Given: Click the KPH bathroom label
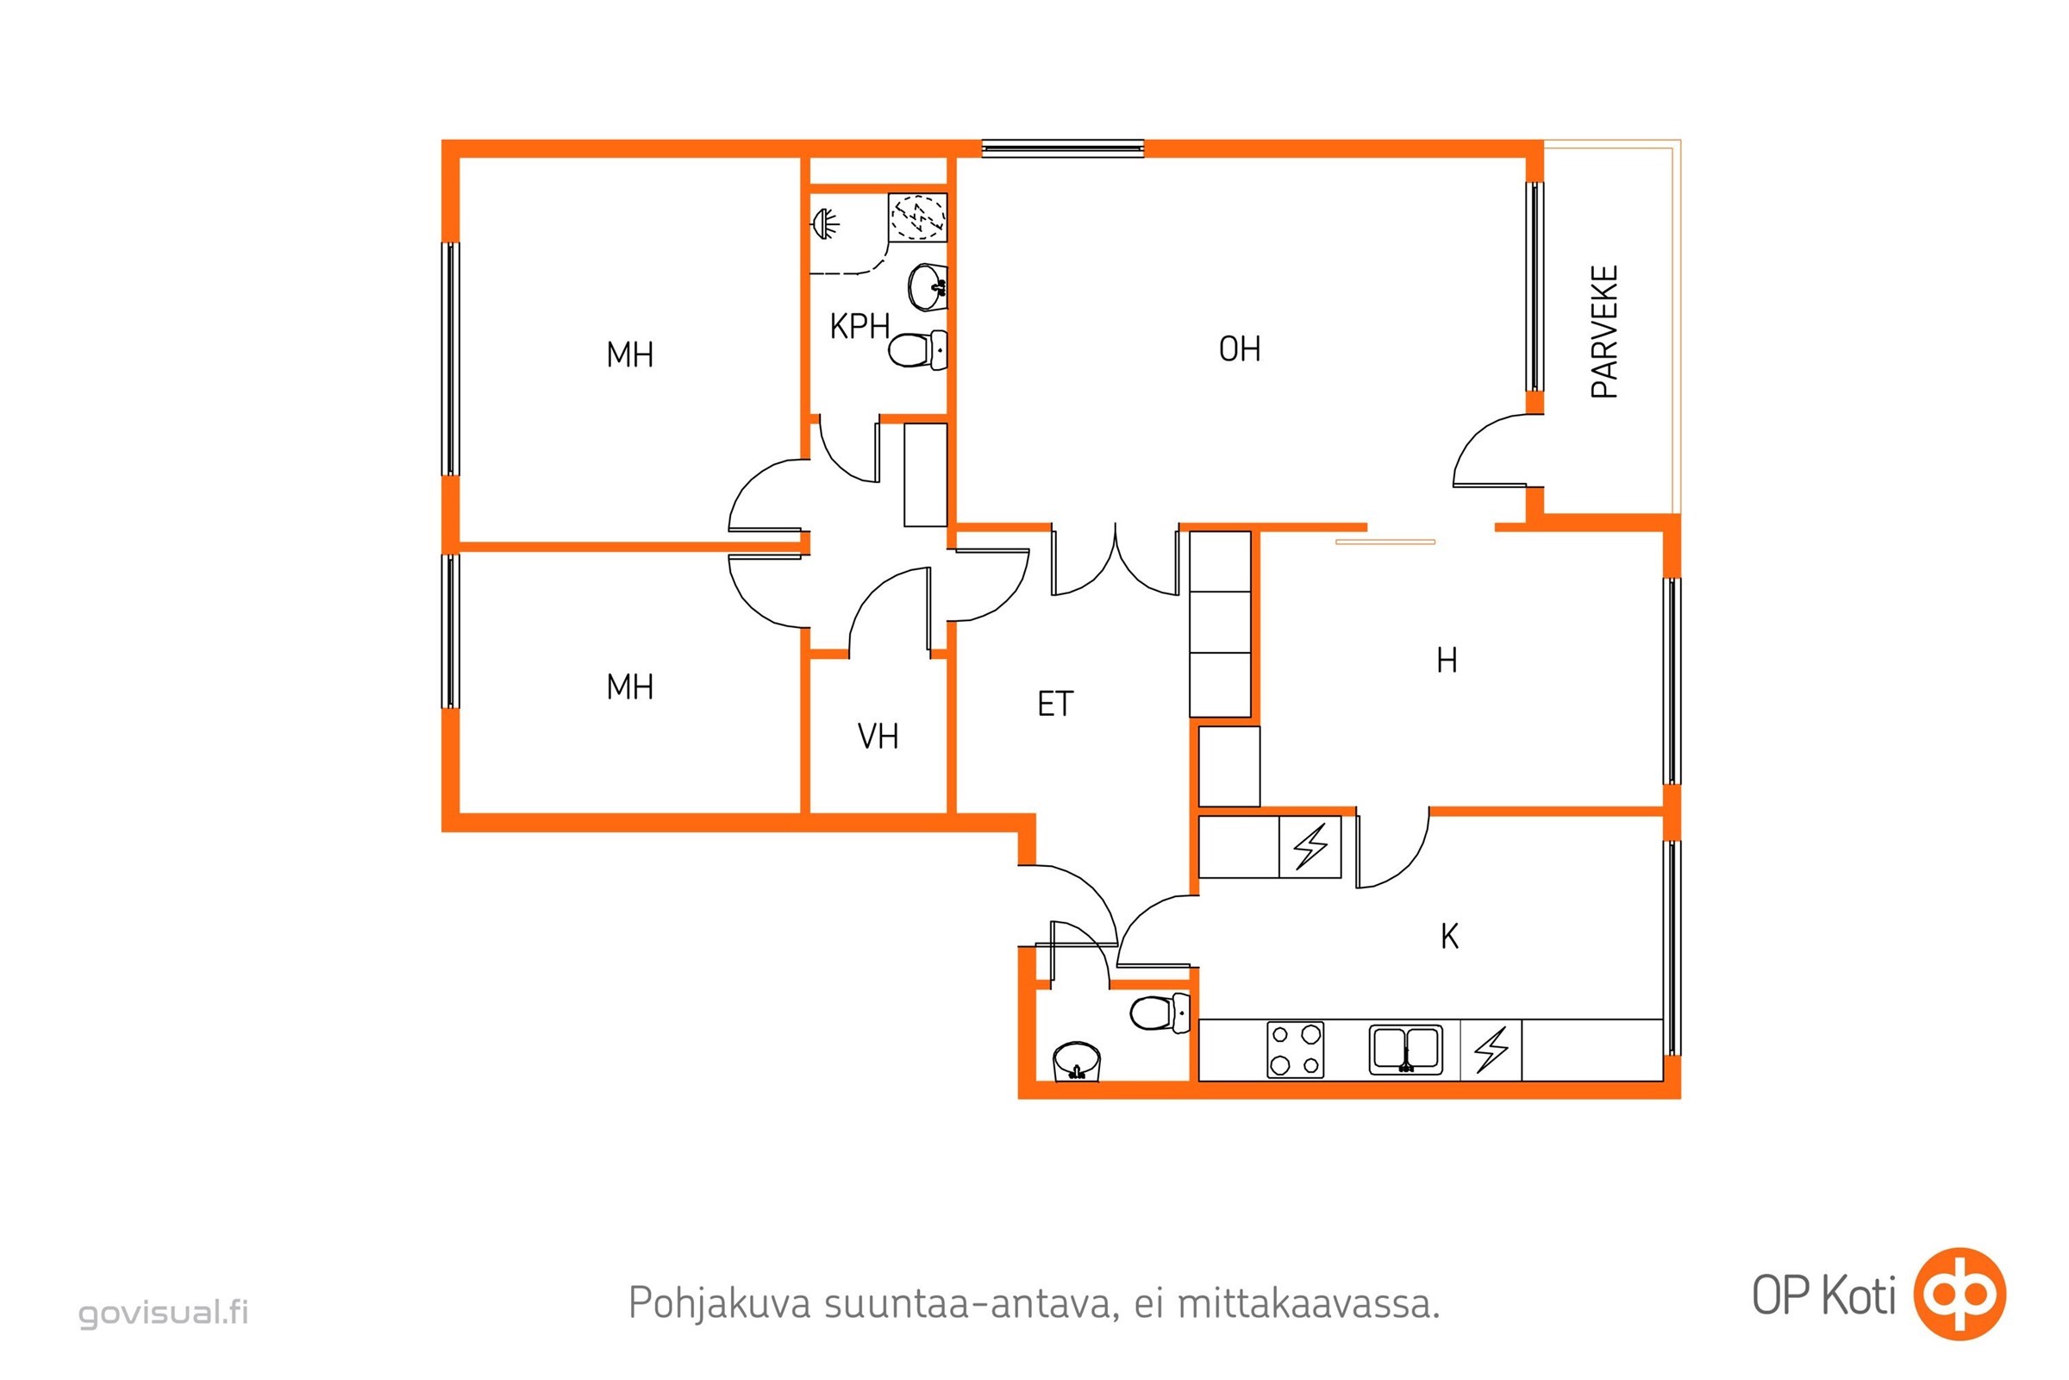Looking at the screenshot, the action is (x=859, y=327).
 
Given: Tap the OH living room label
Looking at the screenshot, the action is (x=1240, y=349).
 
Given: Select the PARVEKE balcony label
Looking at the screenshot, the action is (x=1604, y=332).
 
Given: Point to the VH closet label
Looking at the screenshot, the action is (x=878, y=737).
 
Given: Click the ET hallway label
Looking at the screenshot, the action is (x=1055, y=704).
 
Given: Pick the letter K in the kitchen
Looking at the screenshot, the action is (x=1450, y=937).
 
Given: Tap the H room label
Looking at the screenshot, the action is (x=1447, y=660).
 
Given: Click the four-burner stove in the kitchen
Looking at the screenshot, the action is (x=1295, y=1049).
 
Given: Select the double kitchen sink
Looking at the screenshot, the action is (x=1406, y=1049).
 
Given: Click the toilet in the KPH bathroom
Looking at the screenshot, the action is (x=917, y=350).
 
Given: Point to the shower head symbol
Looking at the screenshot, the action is (x=824, y=223).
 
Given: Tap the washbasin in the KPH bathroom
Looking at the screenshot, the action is (x=928, y=286).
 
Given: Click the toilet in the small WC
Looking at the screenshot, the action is (x=1160, y=1012).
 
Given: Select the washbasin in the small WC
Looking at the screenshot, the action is (x=1077, y=1062).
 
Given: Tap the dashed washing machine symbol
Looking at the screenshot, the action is (x=917, y=216).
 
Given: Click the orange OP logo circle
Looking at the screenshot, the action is (x=1960, y=1294).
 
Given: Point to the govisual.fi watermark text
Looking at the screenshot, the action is (x=164, y=1313).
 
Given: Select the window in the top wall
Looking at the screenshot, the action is (x=1063, y=148).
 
